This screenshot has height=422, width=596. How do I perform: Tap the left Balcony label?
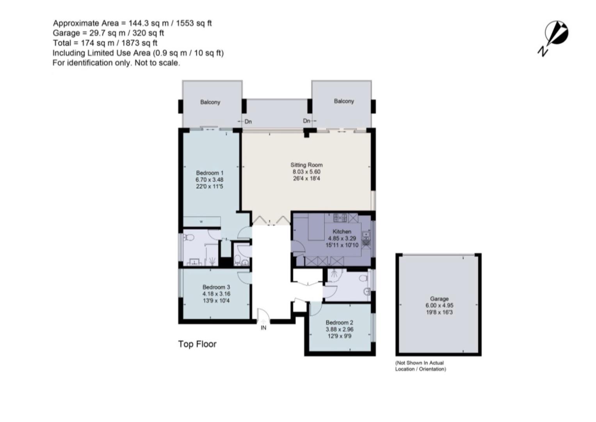pyautogui.click(x=210, y=102)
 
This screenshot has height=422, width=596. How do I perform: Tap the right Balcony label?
pyautogui.click(x=343, y=101)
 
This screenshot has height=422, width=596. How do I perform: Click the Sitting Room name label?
pyautogui.click(x=306, y=165)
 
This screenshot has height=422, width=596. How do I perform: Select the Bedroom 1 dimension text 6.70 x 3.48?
pyautogui.click(x=210, y=180)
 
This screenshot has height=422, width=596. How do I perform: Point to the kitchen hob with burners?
pyautogui.click(x=340, y=217)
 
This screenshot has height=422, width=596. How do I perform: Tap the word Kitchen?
pyautogui.click(x=342, y=231)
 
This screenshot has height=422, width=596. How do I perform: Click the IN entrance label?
pyautogui.click(x=263, y=328)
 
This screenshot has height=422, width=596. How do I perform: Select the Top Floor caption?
pyautogui.click(x=197, y=344)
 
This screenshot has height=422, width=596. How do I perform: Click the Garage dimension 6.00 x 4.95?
pyautogui.click(x=439, y=306)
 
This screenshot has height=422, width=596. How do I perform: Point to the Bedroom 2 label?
pyautogui.click(x=339, y=322)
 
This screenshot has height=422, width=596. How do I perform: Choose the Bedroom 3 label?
pyautogui.click(x=216, y=287)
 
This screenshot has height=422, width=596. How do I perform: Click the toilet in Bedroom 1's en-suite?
pyautogui.click(x=189, y=237)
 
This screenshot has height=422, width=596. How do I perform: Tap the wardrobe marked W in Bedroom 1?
pyautogui.click(x=201, y=222)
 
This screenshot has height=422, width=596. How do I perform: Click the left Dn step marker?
pyautogui.click(x=248, y=122)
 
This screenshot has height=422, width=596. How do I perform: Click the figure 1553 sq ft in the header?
pyautogui.click(x=194, y=23)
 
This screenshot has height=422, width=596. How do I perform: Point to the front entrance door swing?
pyautogui.click(x=263, y=315)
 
